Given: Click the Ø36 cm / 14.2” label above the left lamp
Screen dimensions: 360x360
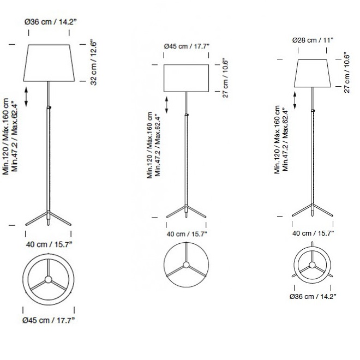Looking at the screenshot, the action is pos(51,22).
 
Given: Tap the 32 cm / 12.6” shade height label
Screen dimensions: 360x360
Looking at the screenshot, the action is pos(93,63).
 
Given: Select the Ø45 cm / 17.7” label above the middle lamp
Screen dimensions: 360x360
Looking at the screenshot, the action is pos(187,46).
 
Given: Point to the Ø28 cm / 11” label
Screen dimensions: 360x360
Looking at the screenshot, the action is pos(313,40).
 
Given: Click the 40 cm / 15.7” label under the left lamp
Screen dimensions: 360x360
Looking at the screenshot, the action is pos(49,244).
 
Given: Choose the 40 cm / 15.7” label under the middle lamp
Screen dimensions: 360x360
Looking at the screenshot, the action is pos(187,234).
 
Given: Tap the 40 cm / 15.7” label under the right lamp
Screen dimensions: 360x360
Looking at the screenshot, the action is pos(313,233).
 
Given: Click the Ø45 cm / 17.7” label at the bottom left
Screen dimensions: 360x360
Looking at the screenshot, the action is pos(49,320).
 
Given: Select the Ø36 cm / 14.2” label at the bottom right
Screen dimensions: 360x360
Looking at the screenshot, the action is pos(313,297).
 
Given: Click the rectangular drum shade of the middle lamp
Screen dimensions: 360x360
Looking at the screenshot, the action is pos(186,78).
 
